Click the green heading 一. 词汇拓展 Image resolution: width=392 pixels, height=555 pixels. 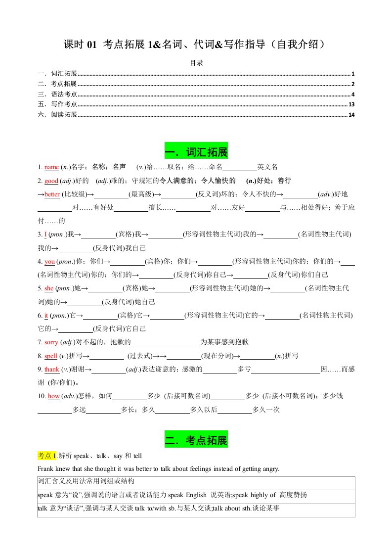(196, 151)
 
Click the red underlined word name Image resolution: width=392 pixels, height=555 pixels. (52, 167)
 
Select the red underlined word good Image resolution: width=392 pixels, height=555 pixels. (51, 181)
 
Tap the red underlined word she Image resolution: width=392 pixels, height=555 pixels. (48, 288)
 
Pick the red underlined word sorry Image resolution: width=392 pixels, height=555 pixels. (51, 342)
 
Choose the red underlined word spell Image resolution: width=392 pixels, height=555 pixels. (51, 355)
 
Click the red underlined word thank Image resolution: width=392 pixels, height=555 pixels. (52, 369)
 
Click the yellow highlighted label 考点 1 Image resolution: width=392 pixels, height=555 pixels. (47, 455)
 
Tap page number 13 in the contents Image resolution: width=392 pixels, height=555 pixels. (351, 104)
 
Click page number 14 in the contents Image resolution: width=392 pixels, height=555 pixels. (351, 115)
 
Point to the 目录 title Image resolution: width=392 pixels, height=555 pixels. (196, 63)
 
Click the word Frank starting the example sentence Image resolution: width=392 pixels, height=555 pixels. (45, 468)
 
